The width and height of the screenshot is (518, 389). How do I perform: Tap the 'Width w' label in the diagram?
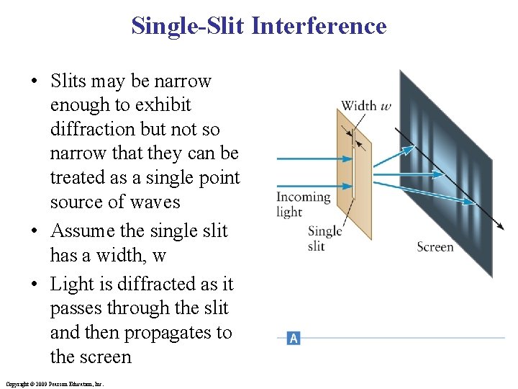tap(366, 106)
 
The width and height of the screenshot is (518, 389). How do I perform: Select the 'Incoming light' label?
tap(303, 204)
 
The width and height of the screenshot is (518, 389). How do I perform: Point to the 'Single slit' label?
tap(324, 238)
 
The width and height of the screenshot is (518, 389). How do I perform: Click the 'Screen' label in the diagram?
tap(435, 247)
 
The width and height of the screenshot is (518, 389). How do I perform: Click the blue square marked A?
tap(293, 337)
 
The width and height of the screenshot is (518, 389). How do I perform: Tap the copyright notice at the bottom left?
tap(54, 384)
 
